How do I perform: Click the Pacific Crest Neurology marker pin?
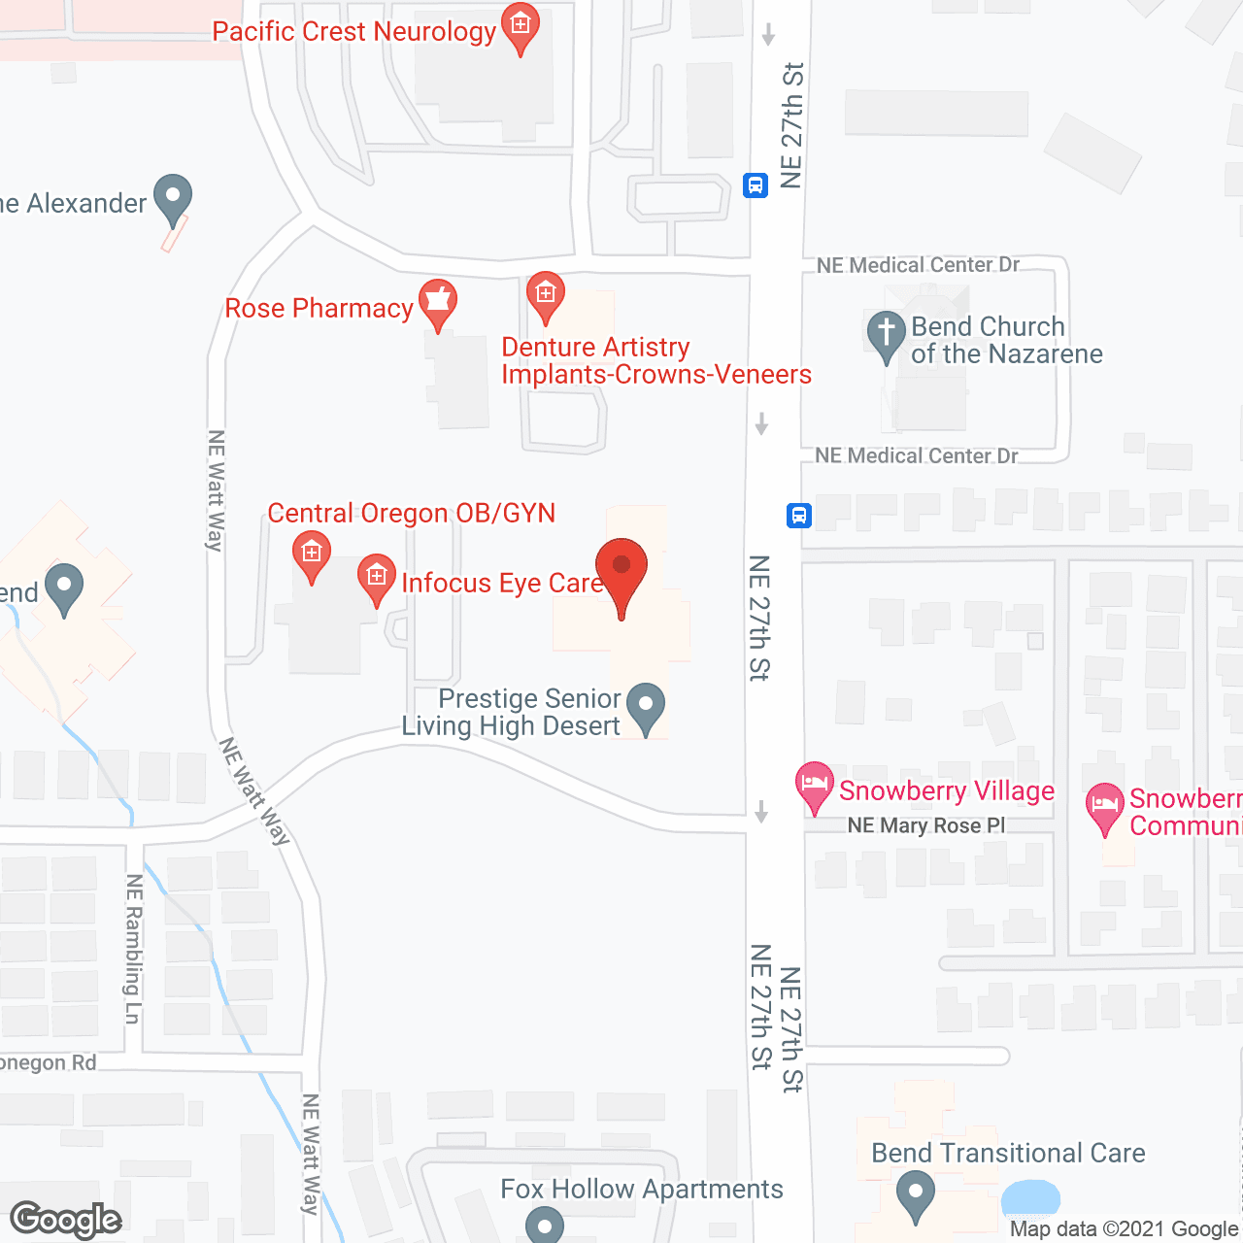click(x=521, y=27)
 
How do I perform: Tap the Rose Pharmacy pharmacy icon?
click(x=438, y=301)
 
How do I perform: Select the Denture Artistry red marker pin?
click(x=546, y=294)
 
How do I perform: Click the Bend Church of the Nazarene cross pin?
click(x=886, y=333)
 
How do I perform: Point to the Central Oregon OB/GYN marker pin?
click(x=312, y=556)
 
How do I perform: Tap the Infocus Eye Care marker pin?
click(x=377, y=577)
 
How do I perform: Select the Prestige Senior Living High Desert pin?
click(x=646, y=705)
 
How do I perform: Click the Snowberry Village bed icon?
click(x=815, y=784)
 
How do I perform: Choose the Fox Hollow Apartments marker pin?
click(x=545, y=1226)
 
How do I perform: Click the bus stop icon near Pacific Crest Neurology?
click(x=756, y=185)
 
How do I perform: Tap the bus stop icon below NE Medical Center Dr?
click(x=798, y=515)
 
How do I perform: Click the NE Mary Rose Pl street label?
click(x=926, y=825)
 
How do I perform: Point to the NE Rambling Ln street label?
click(x=134, y=949)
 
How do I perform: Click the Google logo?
click(x=66, y=1220)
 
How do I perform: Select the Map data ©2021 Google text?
click(x=1125, y=1229)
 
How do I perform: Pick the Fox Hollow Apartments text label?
click(x=642, y=1189)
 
